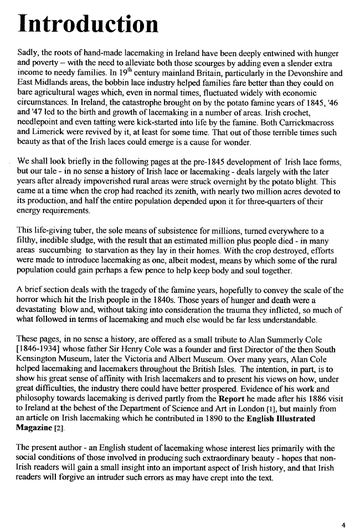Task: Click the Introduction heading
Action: tap(88, 24)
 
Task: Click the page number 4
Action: tap(343, 524)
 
